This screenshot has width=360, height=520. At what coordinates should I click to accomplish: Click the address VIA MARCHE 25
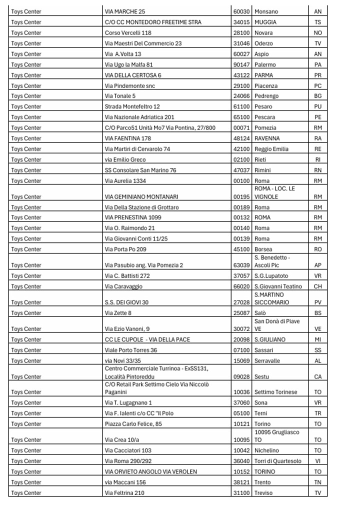125,11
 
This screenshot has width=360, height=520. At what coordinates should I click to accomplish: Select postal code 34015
241,22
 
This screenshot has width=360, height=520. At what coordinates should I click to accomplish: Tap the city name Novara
264,33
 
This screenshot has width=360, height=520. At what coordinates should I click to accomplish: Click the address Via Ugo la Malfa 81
129,64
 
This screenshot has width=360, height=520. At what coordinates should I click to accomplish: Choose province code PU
317,106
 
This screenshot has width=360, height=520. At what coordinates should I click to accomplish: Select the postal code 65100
241,117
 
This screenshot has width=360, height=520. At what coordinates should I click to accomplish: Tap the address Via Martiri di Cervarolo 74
137,149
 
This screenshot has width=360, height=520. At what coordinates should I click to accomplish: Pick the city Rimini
263,170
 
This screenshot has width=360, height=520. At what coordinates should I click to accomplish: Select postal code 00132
241,217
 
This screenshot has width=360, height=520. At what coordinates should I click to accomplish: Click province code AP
317,265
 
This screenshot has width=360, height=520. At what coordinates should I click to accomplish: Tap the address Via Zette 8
118,313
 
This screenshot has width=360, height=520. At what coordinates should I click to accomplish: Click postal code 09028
241,376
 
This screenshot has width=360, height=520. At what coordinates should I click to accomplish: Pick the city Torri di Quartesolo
278,461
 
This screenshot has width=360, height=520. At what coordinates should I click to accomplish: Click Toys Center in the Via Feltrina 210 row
26,493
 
